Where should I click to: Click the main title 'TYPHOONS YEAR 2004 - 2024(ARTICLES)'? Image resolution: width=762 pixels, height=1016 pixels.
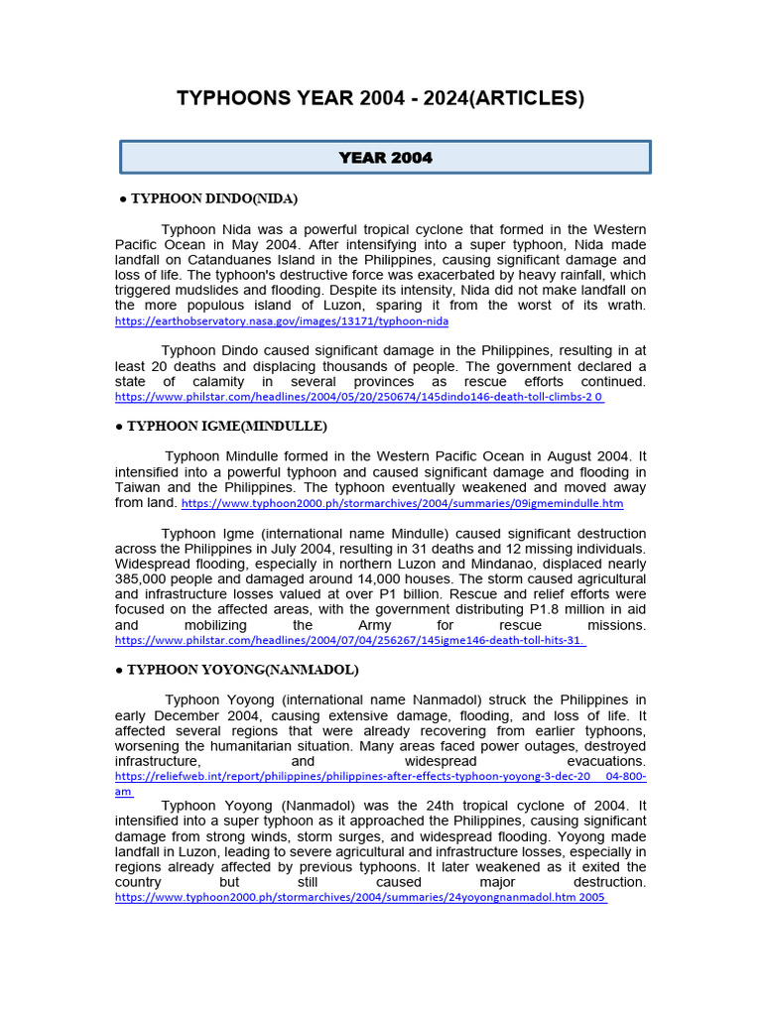coord(380,98)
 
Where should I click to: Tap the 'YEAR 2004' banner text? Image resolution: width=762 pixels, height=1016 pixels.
coord(385,158)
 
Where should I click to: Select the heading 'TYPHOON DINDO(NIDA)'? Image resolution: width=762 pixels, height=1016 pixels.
coord(212,198)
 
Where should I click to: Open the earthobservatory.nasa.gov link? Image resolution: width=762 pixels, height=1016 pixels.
coord(282,321)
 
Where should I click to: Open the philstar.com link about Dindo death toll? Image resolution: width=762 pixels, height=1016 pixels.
coord(358,396)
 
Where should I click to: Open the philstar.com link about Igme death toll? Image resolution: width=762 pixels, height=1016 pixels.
coord(350,641)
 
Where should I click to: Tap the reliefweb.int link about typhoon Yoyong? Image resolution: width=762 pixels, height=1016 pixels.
coord(380,777)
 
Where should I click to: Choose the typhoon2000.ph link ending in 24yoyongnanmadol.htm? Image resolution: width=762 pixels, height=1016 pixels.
coord(360,897)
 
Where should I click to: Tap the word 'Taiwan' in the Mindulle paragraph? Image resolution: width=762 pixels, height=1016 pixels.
coord(138,487)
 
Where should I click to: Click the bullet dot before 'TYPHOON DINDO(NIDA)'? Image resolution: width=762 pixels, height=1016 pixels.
coord(122,198)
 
